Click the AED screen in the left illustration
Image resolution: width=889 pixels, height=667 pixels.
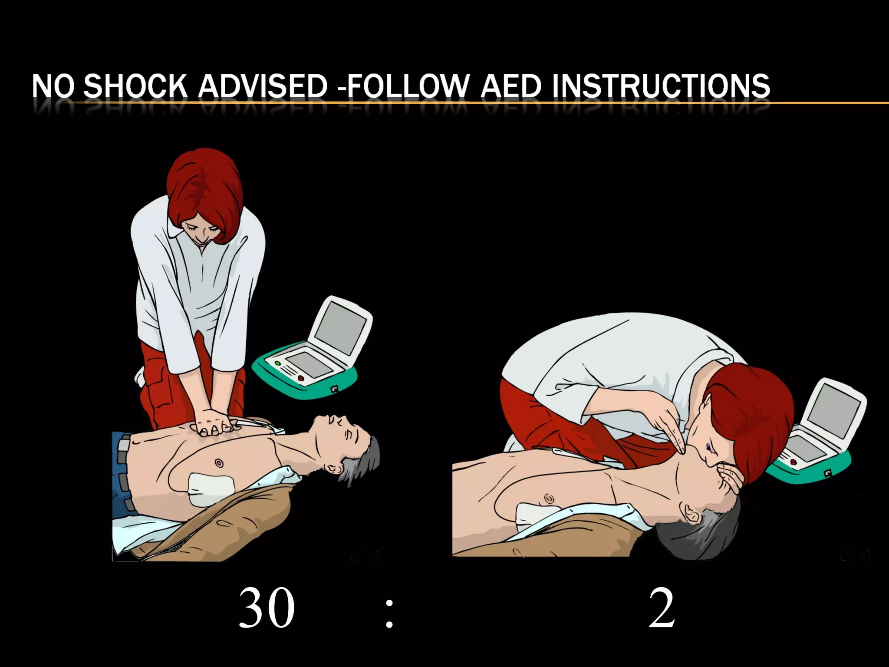pyautogui.click(x=340, y=322)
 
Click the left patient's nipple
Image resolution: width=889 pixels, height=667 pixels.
pyautogui.click(x=219, y=463)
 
